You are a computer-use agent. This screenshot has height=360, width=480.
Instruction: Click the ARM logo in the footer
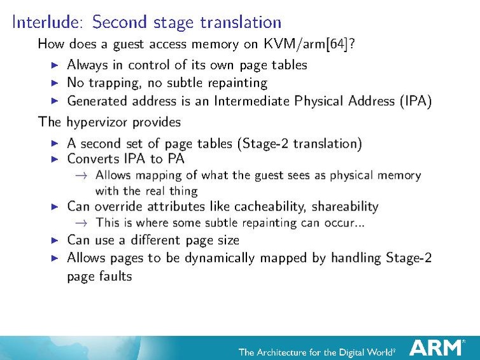(x=437, y=347)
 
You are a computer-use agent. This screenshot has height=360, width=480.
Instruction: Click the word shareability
(x=348, y=207)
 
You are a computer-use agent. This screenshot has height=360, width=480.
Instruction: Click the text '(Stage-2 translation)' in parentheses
(x=299, y=144)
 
